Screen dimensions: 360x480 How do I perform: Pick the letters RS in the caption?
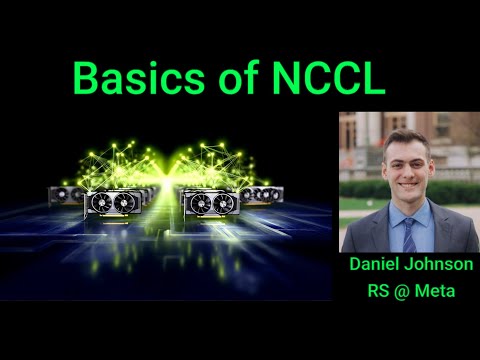(375, 293)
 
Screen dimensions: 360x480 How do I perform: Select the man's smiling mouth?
(404, 184)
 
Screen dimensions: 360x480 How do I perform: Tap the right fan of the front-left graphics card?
(124, 203)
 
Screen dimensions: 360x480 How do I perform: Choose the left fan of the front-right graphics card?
(197, 203)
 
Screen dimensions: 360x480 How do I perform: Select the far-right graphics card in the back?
(271, 194)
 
